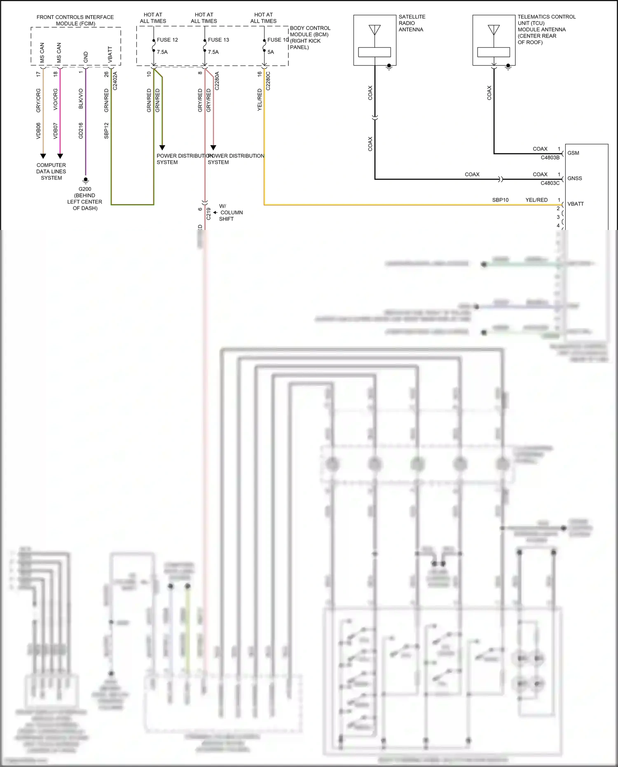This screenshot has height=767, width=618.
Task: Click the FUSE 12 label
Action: (x=167, y=40)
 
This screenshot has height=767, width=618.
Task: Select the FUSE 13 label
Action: (x=218, y=40)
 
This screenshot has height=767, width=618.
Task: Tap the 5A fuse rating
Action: (x=271, y=52)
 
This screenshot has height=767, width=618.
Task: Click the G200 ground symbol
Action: (x=86, y=180)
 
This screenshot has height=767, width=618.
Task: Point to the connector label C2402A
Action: (x=115, y=81)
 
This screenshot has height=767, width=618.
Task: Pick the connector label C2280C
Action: (x=268, y=81)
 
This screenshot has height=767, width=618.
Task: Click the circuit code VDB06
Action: (x=39, y=131)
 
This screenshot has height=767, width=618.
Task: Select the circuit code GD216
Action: (x=81, y=131)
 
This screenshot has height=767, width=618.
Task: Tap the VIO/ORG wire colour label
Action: (x=56, y=99)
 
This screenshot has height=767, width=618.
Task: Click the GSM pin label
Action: (x=573, y=153)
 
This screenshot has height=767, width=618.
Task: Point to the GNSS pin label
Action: (x=574, y=178)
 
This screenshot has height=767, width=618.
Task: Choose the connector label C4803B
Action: (x=550, y=158)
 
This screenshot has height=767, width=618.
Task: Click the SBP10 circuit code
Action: (x=500, y=200)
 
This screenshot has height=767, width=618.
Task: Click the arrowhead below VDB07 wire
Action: (x=60, y=156)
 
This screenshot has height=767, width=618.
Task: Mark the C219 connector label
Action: (x=208, y=213)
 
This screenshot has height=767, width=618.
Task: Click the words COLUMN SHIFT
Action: (x=229, y=216)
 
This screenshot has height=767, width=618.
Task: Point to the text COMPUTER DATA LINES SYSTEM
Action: (x=51, y=171)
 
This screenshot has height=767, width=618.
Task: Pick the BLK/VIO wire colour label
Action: (x=81, y=99)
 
